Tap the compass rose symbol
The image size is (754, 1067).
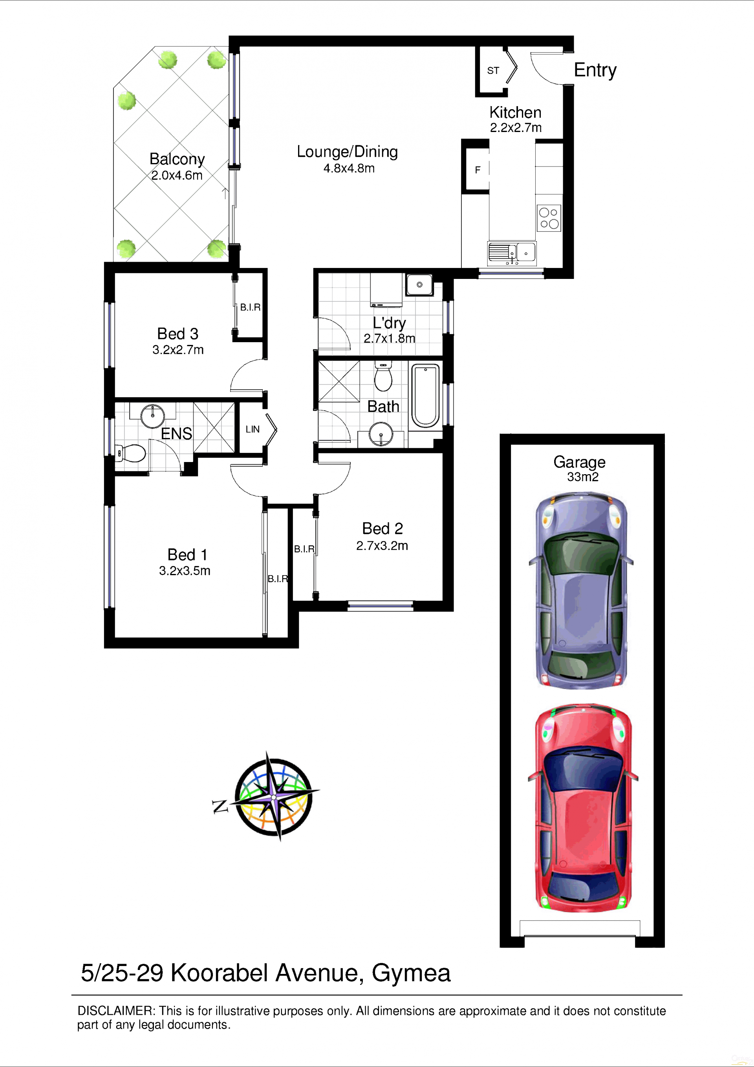274,797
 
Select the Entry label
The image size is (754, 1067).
595,71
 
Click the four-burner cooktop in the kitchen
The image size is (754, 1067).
549,218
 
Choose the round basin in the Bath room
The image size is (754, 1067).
381,434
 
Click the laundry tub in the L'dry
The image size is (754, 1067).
419,284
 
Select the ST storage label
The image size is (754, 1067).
493,71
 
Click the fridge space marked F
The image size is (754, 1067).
478,170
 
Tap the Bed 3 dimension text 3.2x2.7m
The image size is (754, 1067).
178,350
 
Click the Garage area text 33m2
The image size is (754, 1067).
582,477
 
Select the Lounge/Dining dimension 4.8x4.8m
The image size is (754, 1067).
349,168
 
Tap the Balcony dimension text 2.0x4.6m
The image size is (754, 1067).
177,176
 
